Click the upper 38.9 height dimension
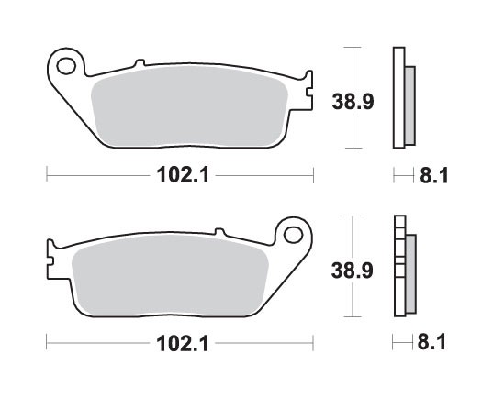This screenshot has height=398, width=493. (x=352, y=96)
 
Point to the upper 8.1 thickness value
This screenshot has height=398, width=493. (x=432, y=174)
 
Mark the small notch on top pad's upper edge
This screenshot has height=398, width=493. (x=140, y=63)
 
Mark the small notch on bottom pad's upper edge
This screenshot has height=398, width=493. (x=218, y=231)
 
